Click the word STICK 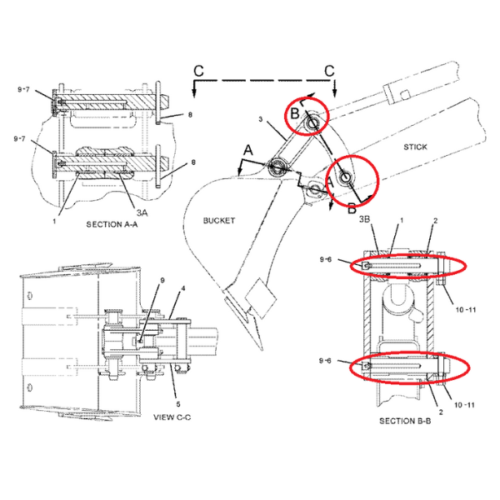[415, 147]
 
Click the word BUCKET [219, 220]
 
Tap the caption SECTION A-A [112, 224]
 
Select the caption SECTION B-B [405, 421]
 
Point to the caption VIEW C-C [172, 417]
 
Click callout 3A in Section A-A [142, 212]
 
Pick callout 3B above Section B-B [364, 219]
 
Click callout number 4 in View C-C [183, 288]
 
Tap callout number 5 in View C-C [178, 404]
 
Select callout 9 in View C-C [162, 280]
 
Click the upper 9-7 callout [23, 90]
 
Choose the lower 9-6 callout [325, 361]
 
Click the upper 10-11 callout [466, 310]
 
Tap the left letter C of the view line [198, 71]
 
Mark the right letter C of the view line [329, 71]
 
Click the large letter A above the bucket [248, 150]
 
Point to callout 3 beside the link [261, 119]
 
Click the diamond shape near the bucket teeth [261, 298]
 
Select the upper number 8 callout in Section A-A [190, 114]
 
